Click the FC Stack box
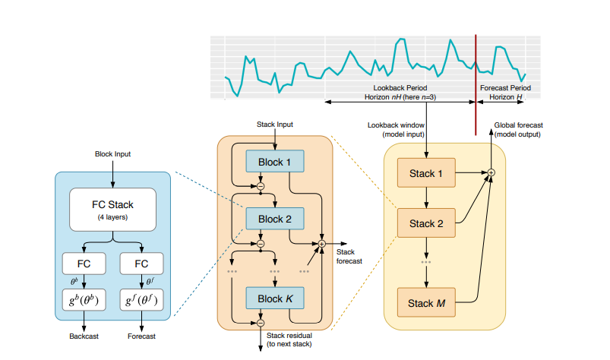[x=112, y=209]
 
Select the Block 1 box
[x=274, y=162]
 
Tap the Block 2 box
[x=274, y=220]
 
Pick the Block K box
[x=274, y=298]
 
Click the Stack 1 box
[x=426, y=173]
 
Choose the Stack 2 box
[x=426, y=223]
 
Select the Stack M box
[x=426, y=304]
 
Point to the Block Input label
[x=112, y=154]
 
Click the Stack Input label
[x=274, y=125]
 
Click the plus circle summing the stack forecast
[x=321, y=244]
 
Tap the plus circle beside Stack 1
[x=491, y=173]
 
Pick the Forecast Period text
[x=505, y=89]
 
